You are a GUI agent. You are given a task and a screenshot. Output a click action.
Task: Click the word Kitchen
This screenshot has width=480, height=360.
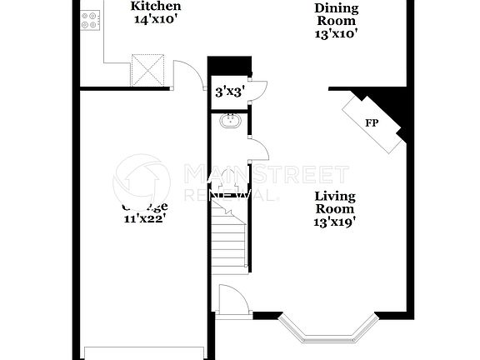155,6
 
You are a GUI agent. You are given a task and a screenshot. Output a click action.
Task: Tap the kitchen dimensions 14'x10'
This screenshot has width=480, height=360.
155,19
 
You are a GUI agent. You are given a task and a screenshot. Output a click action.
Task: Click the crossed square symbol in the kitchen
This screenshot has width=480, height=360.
149,69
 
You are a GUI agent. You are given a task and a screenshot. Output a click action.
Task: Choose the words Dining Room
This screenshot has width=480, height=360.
337,15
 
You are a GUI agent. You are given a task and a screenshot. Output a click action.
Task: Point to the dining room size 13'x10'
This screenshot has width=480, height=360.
337,34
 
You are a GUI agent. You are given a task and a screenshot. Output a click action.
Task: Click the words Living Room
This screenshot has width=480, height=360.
335,203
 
